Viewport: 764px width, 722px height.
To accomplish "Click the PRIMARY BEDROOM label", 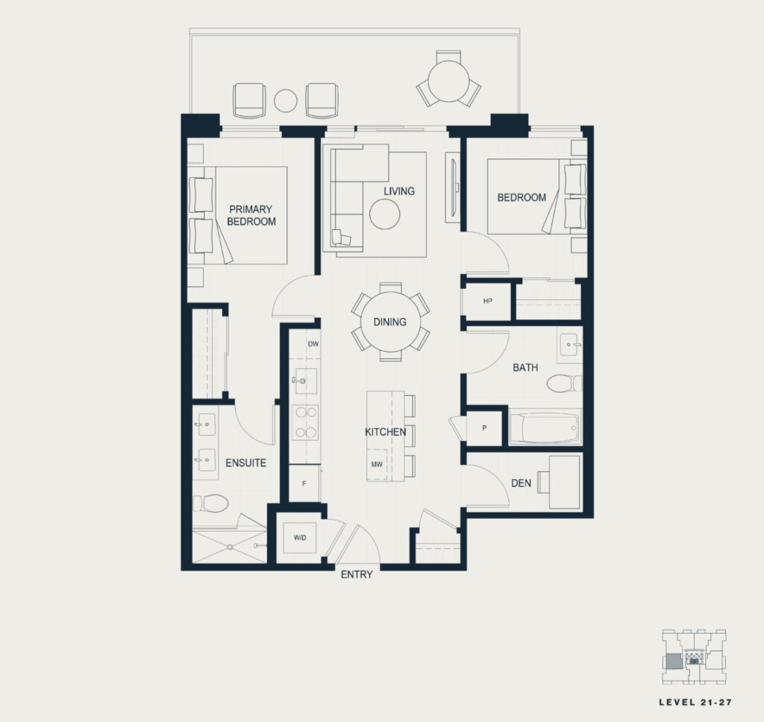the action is [x=251, y=215].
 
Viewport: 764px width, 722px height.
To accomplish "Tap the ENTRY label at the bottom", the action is [x=357, y=575].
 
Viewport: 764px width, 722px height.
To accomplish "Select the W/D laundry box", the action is [x=300, y=538].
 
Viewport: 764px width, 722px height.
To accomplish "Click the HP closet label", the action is [x=488, y=301].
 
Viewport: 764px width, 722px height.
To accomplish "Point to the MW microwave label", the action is [x=377, y=464].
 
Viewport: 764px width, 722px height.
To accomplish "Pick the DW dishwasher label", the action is [x=313, y=343].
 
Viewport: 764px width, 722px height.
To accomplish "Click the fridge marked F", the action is [x=304, y=483].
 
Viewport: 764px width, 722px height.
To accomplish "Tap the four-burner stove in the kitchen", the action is [x=305, y=423].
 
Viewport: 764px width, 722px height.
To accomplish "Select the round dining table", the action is [x=390, y=322].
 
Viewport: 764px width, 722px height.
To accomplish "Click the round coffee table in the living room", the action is [x=385, y=214].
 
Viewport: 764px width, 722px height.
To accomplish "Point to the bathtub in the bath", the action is [x=545, y=426].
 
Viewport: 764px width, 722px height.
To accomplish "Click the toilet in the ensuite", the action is [x=210, y=503].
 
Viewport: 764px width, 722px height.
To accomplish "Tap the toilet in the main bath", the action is [x=564, y=383].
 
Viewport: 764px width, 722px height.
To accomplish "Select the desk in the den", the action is [x=565, y=482].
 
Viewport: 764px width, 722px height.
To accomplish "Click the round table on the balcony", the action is [x=448, y=81].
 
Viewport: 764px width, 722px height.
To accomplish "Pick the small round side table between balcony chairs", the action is [x=286, y=101].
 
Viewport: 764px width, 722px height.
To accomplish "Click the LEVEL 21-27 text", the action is [x=695, y=702].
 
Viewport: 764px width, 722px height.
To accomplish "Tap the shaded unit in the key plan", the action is [x=674, y=662].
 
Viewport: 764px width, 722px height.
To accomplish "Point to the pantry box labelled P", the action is [x=484, y=428].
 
